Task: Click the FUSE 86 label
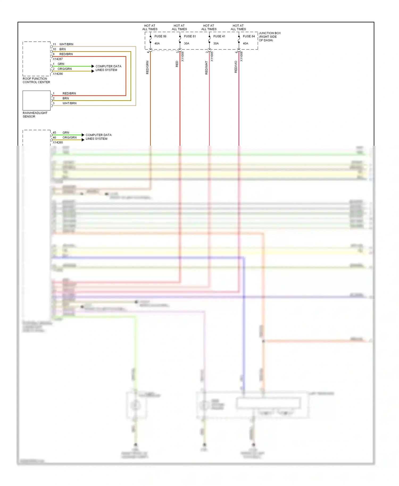[x=160, y=36]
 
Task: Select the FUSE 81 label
[x=190, y=36]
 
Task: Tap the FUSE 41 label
[x=219, y=36]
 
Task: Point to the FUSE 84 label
[x=248, y=36]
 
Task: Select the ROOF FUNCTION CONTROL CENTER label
[x=36, y=80]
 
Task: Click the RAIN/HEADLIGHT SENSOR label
[x=35, y=115]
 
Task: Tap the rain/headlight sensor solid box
[x=36, y=100]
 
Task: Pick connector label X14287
[x=58, y=59]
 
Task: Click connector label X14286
[x=58, y=74]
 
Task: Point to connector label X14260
[x=58, y=143]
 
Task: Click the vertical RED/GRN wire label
[x=147, y=68]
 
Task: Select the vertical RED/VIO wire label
[x=236, y=67]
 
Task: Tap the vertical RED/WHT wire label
[x=206, y=68]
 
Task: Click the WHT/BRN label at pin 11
[x=66, y=44]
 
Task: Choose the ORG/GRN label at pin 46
[x=69, y=137]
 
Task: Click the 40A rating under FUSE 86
[x=157, y=44]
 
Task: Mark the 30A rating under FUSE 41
[x=216, y=44]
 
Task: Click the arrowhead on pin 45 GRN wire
[x=83, y=135]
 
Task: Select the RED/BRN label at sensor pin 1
[x=69, y=94]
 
